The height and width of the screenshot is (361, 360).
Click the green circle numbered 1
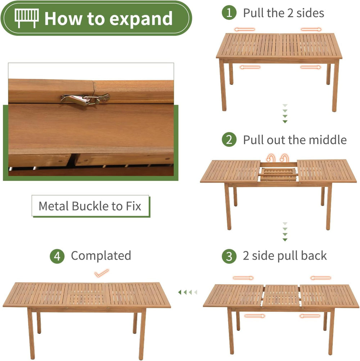pyautogui.click(x=229, y=13)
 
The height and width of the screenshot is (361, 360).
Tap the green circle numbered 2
pyautogui.click(x=229, y=140)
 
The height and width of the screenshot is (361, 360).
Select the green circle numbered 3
pyautogui.click(x=229, y=256)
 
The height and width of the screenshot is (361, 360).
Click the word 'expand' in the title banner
pyautogui.click(x=141, y=19)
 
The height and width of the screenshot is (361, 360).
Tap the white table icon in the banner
pyautogui.click(x=27, y=18)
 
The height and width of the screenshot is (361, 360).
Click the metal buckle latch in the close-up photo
pyautogui.click(x=85, y=99)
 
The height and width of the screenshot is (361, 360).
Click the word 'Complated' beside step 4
pyautogui.click(x=101, y=256)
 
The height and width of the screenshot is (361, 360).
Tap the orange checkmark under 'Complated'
pyautogui.click(x=102, y=273)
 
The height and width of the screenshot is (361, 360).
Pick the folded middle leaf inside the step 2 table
pyautogui.click(x=278, y=174)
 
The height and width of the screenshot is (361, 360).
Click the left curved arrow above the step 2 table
pyautogui.click(x=271, y=158)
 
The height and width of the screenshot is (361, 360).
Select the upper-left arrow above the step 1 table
pyautogui.click(x=244, y=29)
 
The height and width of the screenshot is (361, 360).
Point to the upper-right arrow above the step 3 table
pyautogui.click(x=321, y=278)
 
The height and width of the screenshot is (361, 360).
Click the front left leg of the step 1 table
pyautogui.click(x=222, y=85)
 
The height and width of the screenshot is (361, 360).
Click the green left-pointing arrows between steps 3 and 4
pyautogui.click(x=188, y=292)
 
